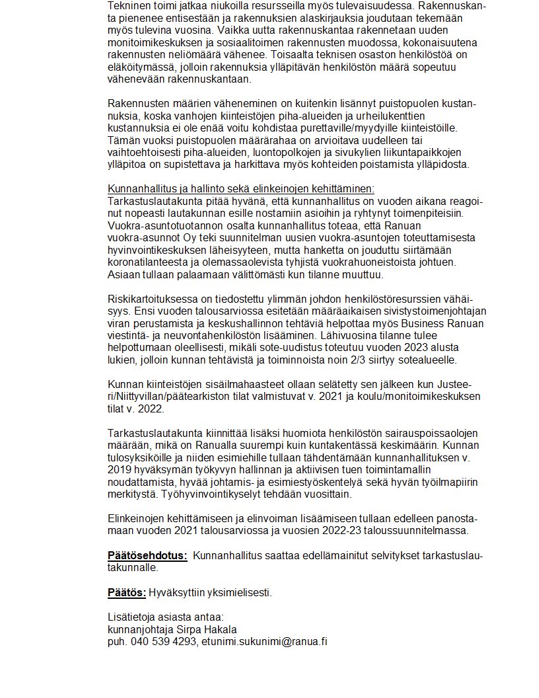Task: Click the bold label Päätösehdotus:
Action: pyautogui.click(x=147, y=555)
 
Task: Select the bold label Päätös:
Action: pyautogui.click(x=127, y=592)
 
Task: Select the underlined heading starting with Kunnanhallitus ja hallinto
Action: pyautogui.click(x=241, y=188)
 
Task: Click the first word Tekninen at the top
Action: pyautogui.click(x=127, y=5)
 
